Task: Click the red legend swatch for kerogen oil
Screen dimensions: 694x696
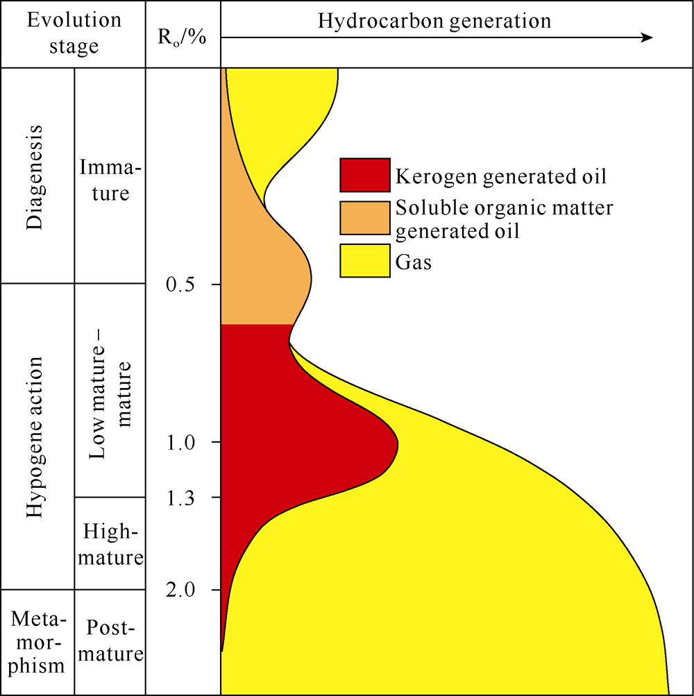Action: [x=365, y=175]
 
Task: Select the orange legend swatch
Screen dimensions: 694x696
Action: [x=365, y=218]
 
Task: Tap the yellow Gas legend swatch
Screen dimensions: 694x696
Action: [x=365, y=260]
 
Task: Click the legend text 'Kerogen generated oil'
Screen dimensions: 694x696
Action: [x=500, y=176]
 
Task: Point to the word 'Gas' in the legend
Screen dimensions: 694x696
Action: [x=414, y=262]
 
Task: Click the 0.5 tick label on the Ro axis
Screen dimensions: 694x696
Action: [x=180, y=284]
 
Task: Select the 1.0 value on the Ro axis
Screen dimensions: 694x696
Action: [x=180, y=443]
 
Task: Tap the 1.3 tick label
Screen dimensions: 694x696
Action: [x=180, y=498]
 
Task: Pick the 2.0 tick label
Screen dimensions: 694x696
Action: [x=180, y=591]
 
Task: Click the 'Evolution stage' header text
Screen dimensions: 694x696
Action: [x=74, y=33]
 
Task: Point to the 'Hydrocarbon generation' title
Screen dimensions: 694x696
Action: [x=434, y=20]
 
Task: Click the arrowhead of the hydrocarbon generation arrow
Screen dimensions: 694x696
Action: [x=648, y=37]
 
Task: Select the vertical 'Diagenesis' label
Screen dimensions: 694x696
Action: [x=35, y=177]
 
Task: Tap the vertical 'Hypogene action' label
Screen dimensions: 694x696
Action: [x=35, y=436]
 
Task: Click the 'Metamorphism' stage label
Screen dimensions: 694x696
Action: [x=36, y=642]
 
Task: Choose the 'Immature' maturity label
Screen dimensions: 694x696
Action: [x=110, y=180]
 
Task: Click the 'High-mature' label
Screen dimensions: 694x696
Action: [x=110, y=544]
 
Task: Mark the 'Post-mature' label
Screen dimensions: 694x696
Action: [x=110, y=640]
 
